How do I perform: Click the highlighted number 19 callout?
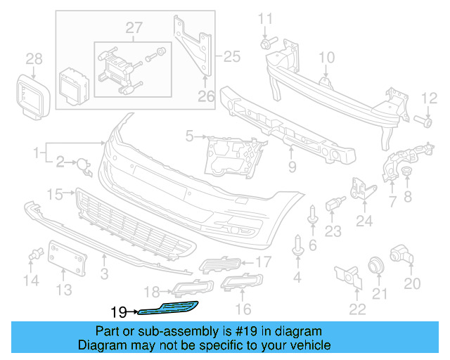tap(117, 309)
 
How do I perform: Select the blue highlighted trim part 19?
tap(169, 307)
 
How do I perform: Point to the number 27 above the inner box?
tap(134, 28)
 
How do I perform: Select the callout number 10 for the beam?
tap(328, 57)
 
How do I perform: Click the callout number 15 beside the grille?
tap(55, 193)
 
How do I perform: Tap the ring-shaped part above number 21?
tap(378, 266)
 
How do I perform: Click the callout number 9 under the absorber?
tap(292, 167)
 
